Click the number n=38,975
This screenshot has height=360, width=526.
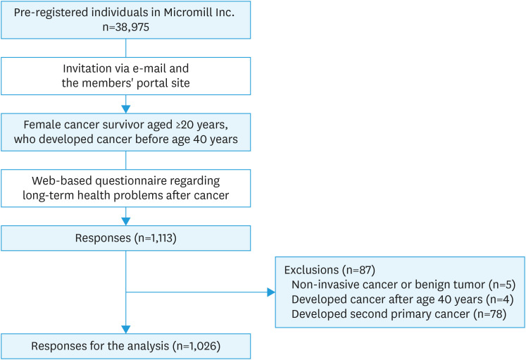126,27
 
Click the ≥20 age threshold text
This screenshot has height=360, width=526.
184,125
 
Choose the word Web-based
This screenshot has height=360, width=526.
62,181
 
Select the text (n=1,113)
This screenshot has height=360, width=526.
156,238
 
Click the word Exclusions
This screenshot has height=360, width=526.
311,270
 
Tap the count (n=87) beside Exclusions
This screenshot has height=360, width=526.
358,270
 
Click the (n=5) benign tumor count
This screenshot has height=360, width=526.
502,285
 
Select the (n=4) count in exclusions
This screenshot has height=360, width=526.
500,299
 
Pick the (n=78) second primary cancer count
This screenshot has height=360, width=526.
490,314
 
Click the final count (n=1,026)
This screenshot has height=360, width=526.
196,346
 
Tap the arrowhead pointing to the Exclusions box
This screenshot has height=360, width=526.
271,292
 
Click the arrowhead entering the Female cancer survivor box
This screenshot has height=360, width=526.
126,109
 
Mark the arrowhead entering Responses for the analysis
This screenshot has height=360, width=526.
126,329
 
